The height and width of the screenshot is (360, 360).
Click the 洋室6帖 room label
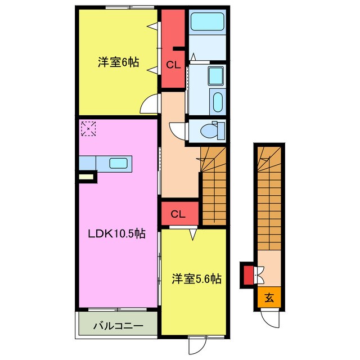pyautogui.click(x=119, y=62)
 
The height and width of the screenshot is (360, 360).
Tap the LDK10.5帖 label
pyautogui.click(x=117, y=234)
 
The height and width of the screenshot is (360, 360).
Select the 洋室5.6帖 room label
pyautogui.click(x=197, y=279)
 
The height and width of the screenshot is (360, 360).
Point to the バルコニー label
pyautogui.click(x=119, y=326)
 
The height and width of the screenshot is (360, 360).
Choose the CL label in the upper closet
pyautogui.click(x=173, y=65)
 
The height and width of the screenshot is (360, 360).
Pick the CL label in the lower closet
pyautogui.click(x=178, y=214)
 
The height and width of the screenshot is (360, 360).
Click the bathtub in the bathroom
pyautogui.click(x=208, y=21)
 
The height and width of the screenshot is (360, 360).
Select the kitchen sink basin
pyautogui.click(x=119, y=163)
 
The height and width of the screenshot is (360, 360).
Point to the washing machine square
pyautogui.click(x=215, y=75)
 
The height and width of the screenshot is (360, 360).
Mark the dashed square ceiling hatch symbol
pyautogui.click(x=88, y=129)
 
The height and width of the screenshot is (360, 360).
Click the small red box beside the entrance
pyautogui.click(x=249, y=275)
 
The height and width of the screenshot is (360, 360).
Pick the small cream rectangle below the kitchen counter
pyautogui.click(x=86, y=177)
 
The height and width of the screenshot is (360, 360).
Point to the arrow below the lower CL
pyautogui.click(x=193, y=235)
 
